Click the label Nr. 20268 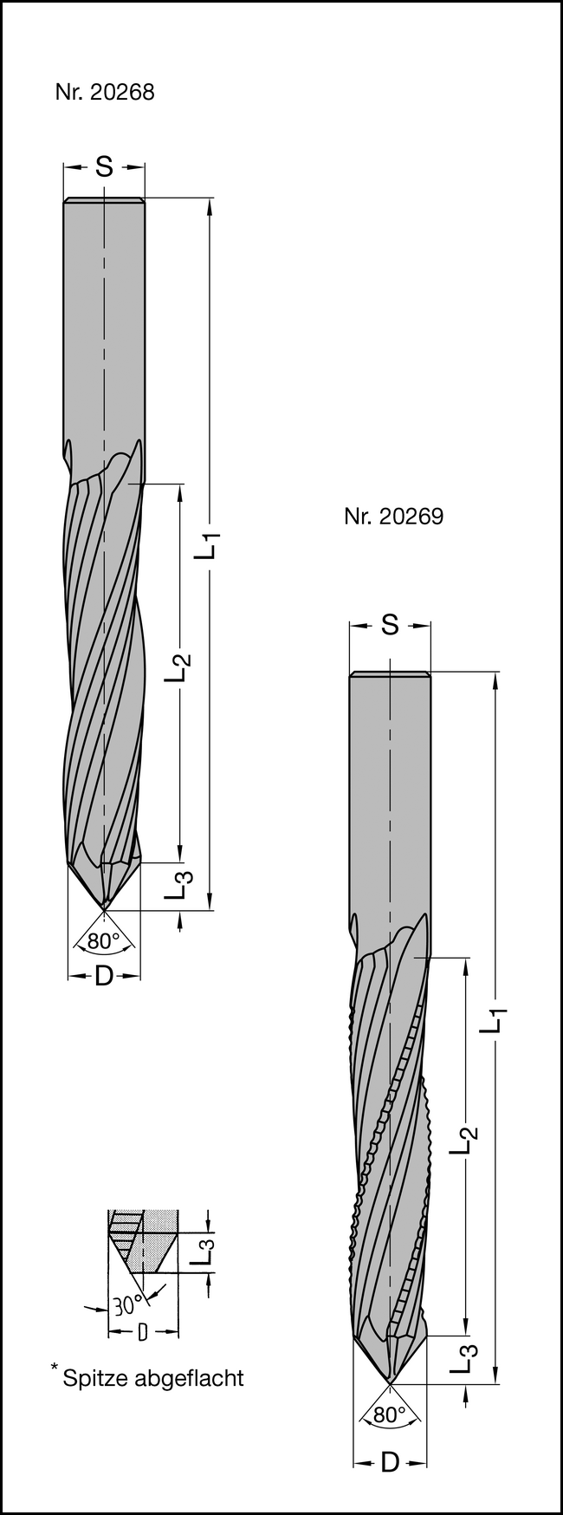coord(104,93)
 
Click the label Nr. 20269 coord(393,517)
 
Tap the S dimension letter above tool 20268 coord(104,167)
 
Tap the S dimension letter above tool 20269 coord(390,624)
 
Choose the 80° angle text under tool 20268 coord(103,940)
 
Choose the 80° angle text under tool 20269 coord(390,1414)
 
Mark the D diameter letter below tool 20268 coord(104,976)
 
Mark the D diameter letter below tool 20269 coord(390,1463)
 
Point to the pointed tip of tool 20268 coord(104,909)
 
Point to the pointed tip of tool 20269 coord(390,1382)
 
